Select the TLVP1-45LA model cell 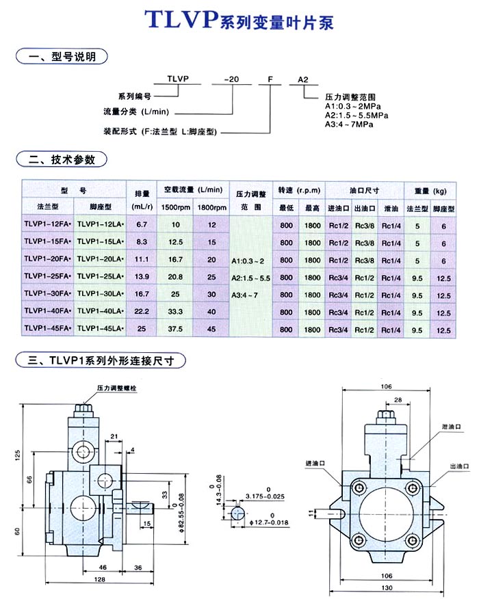pyautogui.click(x=100, y=329)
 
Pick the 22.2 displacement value pyautogui.click(x=142, y=312)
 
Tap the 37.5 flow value pyautogui.click(x=176, y=329)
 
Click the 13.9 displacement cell pyautogui.click(x=142, y=276)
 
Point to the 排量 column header pyautogui.click(x=142, y=190)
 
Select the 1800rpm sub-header pyautogui.click(x=211, y=207)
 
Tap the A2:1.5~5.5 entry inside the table pyautogui.click(x=250, y=277)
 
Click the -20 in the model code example pyautogui.click(x=233, y=80)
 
